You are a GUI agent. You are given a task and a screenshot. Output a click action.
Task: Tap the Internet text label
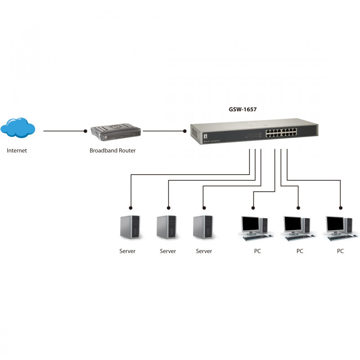click(x=17, y=151)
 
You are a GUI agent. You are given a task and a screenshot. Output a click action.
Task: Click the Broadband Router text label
click(x=112, y=151)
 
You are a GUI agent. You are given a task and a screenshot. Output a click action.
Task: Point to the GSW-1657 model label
click(x=243, y=109)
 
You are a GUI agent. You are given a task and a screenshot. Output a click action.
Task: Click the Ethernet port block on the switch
click(x=281, y=132)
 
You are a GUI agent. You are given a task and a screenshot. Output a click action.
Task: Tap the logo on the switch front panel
click(x=205, y=136)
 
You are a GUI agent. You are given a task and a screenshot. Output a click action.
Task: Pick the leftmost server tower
click(x=130, y=227)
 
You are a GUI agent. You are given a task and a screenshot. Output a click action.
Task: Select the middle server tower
click(x=166, y=227)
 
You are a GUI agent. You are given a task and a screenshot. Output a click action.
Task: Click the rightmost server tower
click(x=203, y=227)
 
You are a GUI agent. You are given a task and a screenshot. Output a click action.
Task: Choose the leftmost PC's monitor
click(x=250, y=224)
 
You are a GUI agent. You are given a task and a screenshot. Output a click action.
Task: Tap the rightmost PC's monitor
click(x=335, y=224)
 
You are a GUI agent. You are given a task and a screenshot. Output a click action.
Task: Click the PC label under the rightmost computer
click(x=340, y=251)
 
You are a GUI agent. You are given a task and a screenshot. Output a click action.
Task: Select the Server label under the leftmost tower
click(x=127, y=251)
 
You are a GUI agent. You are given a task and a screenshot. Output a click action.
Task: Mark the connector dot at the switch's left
click(x=185, y=131)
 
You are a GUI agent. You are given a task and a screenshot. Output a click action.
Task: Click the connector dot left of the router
click(x=85, y=131)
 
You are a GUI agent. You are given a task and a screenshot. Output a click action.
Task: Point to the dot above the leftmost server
click(x=130, y=208)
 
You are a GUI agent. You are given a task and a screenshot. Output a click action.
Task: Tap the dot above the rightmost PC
click(x=341, y=208)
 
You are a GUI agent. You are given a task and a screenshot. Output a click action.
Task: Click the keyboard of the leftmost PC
click(x=256, y=238)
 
